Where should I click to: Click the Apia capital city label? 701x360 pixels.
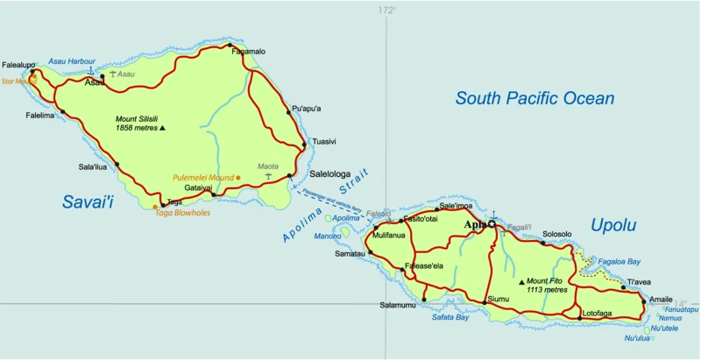474,224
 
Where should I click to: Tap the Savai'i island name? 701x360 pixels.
88,202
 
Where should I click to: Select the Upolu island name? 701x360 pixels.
612,225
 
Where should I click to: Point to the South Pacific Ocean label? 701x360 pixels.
535,98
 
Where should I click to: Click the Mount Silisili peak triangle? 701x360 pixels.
162,128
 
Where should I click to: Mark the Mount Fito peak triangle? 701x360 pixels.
522,282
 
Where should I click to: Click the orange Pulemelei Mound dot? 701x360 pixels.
238,178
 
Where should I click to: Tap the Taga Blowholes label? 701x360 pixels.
182,212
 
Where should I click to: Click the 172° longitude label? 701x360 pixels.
386,11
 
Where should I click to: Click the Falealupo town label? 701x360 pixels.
18,65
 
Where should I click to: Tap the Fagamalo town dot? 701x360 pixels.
230,45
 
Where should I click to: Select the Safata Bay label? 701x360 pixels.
450,317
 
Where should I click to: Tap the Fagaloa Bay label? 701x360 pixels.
619,261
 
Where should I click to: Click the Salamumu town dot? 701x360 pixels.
423,300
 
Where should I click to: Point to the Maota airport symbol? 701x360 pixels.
267,176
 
